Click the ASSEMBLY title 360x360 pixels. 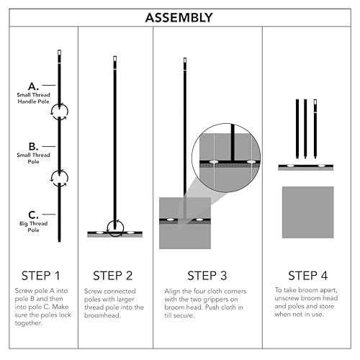[179, 18]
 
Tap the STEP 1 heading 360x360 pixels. [40, 276]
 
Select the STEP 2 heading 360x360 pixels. [113, 276]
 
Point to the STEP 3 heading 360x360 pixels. [207, 276]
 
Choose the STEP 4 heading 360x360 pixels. [308, 276]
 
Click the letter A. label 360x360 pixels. [33, 86]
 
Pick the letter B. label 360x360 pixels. [33, 146]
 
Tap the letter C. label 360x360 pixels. [33, 215]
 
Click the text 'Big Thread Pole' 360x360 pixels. [34, 227]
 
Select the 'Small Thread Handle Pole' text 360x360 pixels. [33, 98]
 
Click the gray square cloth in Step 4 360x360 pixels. [308, 212]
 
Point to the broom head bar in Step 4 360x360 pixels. [306, 167]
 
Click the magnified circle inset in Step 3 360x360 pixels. [226, 158]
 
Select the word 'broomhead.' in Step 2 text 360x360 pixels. [102, 315]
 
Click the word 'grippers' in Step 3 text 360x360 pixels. [217, 300]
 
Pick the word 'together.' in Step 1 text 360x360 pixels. [29, 323]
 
